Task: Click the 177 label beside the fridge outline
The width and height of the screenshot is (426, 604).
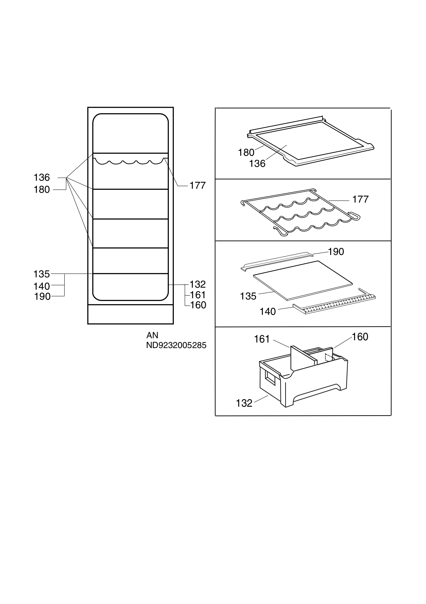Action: pos(198,186)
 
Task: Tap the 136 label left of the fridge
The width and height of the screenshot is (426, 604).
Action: pos(42,178)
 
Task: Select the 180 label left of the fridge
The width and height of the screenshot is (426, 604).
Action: pos(42,190)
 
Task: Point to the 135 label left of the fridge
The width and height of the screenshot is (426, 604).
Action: pos(42,274)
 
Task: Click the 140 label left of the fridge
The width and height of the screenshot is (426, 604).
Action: pos(42,286)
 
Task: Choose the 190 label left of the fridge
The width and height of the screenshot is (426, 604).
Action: pos(42,296)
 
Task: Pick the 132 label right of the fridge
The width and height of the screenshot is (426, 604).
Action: pos(198,284)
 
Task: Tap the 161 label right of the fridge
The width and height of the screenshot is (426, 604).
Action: pos(198,295)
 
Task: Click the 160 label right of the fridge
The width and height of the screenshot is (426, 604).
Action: pos(198,305)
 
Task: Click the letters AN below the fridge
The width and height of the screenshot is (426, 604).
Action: pos(152,335)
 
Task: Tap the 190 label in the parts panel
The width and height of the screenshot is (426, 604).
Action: pos(336,252)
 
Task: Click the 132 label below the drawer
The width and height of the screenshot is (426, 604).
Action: pos(244,403)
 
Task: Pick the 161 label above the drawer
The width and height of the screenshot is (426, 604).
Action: pos(262,339)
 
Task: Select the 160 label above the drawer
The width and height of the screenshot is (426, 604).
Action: pos(360,337)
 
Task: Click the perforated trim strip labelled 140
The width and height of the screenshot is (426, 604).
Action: pos(334,303)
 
